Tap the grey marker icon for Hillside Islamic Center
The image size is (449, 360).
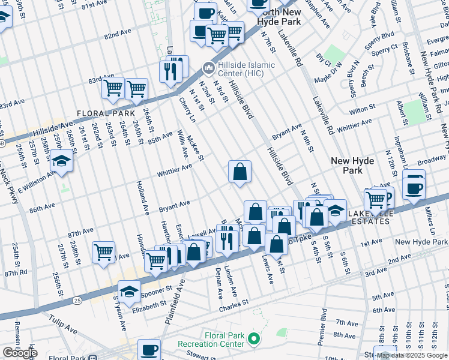208,66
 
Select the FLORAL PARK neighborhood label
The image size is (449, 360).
105,113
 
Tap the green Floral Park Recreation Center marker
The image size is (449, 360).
253,340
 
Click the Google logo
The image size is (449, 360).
20,353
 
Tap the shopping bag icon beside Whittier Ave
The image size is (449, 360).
240,172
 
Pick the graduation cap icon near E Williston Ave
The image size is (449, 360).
61,161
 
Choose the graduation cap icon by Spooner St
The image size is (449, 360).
129,292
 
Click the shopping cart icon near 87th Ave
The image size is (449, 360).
103,252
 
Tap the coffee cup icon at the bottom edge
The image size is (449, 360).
149,350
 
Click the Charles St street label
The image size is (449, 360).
234,305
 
